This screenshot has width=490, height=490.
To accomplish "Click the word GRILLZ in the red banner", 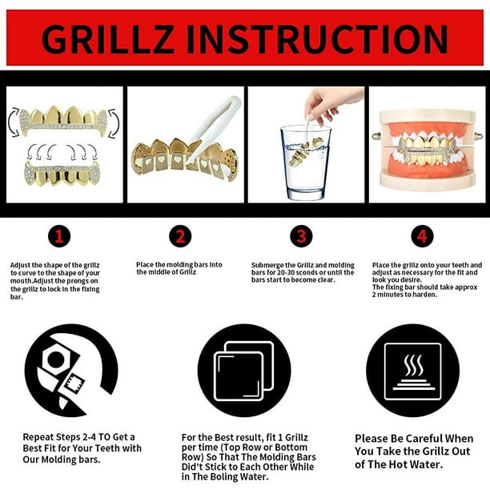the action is click(106, 38).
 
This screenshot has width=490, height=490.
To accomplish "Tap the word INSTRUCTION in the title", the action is click(317, 38).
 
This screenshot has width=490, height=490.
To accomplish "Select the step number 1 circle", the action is click(59, 236).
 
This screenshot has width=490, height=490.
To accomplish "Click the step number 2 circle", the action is click(180, 236).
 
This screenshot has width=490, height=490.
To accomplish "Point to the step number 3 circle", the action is click(301, 236).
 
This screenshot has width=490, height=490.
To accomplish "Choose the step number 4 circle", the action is click(422, 236).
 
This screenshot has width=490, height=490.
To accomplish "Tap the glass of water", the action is click(305, 163).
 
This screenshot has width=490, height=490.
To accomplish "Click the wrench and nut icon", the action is click(71, 371).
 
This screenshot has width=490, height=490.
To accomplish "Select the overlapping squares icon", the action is click(244, 371).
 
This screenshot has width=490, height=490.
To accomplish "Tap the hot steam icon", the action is click(413, 371).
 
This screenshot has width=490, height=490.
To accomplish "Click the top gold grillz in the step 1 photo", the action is click(64, 121).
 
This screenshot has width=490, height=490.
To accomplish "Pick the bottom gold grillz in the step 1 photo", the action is click(62, 174).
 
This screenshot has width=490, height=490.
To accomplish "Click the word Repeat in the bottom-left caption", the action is click(38, 437).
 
